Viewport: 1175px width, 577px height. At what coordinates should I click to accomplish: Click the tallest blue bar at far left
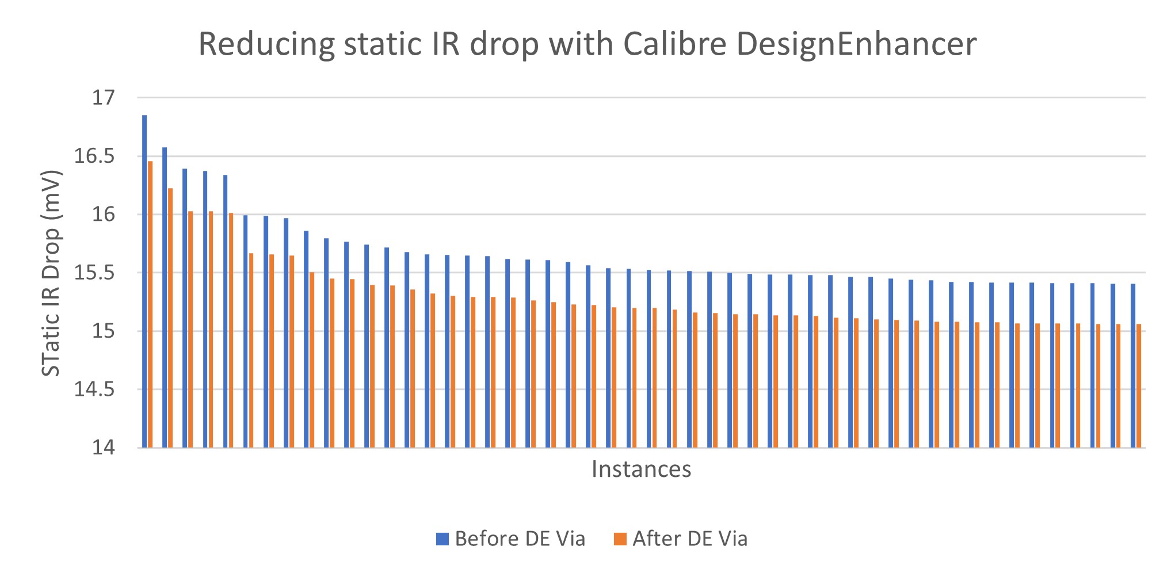pos(144,281)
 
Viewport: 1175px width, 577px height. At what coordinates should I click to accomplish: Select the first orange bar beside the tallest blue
pos(150,304)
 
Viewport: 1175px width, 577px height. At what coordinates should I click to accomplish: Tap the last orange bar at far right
pos(1139,385)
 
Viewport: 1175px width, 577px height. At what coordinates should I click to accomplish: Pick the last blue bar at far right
pos(1133,365)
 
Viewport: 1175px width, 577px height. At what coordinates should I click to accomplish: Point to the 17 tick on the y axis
pos(104,98)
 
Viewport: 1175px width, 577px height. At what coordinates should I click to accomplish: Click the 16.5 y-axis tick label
pos(94,156)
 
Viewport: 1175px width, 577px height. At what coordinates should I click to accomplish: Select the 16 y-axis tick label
pos(104,215)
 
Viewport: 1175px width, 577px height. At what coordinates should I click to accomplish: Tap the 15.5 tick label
pos(94,273)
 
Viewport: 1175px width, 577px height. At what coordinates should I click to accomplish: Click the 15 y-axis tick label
pos(104,331)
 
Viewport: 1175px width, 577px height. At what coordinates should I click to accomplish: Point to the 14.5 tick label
pos(94,389)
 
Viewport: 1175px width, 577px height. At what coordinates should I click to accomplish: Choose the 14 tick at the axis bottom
pos(104,448)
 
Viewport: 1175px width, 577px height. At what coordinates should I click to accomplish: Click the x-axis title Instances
pos(641,469)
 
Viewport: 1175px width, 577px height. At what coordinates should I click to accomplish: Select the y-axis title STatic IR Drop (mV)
pos(52,273)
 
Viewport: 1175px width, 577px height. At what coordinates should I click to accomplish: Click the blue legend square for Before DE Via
pos(442,539)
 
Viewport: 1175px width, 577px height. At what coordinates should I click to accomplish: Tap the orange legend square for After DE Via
pos(620,539)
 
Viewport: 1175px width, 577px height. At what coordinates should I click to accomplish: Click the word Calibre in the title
pos(675,44)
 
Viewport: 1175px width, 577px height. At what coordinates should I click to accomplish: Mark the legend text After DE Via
pos(690,539)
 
